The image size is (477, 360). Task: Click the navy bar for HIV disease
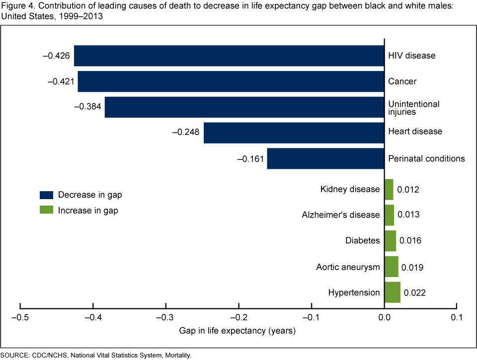(229, 56)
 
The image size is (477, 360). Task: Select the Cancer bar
(231, 81)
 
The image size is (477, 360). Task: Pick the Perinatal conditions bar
(326, 159)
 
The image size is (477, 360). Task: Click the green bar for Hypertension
(393, 292)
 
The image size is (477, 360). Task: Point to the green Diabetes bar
(391, 241)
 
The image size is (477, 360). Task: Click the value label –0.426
(57, 56)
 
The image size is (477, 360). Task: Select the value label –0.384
(87, 107)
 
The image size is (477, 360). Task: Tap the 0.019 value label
(412, 267)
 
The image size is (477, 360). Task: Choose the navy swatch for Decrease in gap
(46, 195)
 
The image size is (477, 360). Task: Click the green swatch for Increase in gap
(46, 211)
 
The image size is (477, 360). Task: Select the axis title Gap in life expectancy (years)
(238, 331)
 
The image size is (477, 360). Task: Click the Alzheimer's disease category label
(341, 215)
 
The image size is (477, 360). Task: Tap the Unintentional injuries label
(414, 108)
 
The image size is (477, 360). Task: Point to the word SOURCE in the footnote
(15, 355)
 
